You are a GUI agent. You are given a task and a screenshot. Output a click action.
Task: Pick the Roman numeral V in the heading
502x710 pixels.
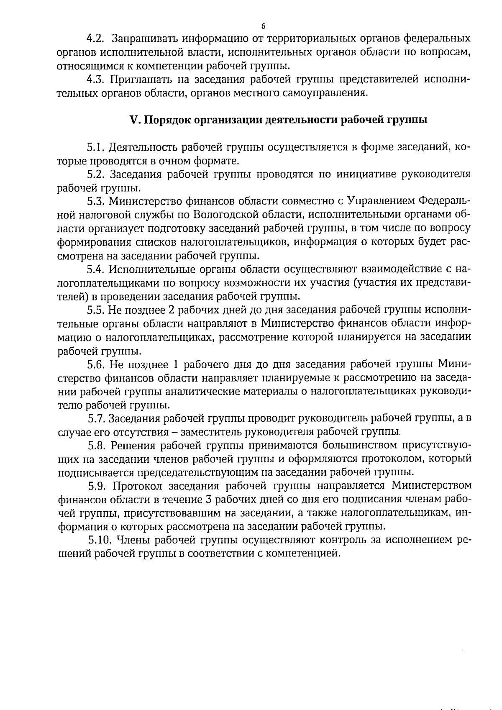pyautogui.click(x=134, y=120)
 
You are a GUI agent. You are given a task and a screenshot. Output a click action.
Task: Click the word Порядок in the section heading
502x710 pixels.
pyautogui.click(x=162, y=120)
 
